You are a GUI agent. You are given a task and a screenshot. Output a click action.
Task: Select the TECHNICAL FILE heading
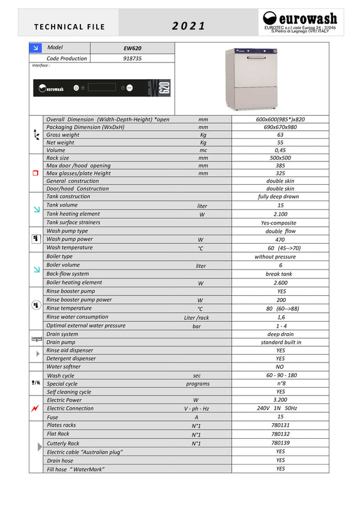70,26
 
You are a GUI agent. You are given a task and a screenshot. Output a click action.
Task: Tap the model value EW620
132,47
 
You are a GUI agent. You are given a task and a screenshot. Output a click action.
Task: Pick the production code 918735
132,58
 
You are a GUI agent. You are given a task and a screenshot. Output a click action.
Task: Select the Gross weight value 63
280,135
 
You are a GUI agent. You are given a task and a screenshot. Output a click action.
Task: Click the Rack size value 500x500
280,158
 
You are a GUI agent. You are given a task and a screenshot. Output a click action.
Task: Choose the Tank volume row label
62,205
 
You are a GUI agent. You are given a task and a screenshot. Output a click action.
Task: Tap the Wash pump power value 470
280,239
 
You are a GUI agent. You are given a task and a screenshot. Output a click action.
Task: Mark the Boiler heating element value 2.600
280,283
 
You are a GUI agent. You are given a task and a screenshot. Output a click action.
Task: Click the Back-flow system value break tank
280,274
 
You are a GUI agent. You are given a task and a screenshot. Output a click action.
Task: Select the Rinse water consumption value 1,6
280,317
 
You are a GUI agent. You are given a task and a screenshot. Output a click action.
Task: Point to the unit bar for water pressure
197,327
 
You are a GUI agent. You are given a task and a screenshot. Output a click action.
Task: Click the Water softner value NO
280,367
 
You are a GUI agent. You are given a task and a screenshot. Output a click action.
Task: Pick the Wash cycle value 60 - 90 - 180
280,375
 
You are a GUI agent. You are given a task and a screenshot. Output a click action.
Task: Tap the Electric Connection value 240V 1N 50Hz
280,408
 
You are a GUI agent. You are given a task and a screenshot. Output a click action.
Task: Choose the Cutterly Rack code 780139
280,443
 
